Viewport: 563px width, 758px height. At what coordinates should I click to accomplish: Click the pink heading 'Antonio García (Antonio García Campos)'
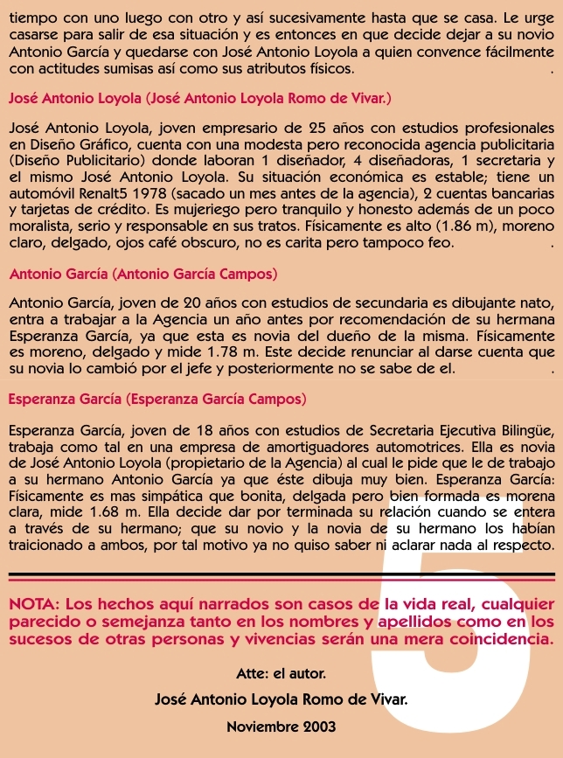click(142, 275)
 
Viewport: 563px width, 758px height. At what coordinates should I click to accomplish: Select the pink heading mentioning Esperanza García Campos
click(156, 400)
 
